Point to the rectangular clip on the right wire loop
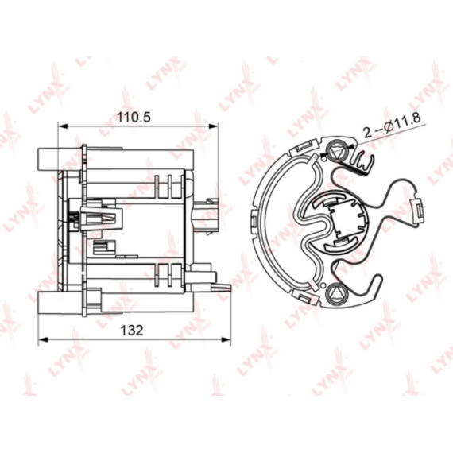click(414, 210)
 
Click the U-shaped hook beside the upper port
click(362, 163)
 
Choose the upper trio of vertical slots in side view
click(165, 184)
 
